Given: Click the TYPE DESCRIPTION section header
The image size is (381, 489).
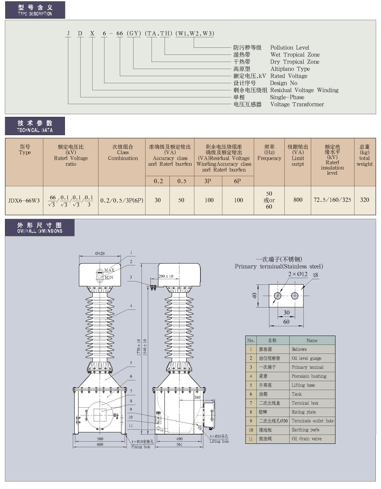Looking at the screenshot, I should point(35,10).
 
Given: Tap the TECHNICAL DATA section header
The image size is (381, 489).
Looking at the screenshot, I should point(35,126).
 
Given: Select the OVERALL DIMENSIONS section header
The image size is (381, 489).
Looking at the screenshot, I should point(40,228).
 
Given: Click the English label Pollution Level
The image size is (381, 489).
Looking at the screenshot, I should point(290,47).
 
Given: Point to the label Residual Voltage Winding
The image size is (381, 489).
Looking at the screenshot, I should point(304,90).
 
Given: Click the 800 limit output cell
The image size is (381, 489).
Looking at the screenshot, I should point(298,200).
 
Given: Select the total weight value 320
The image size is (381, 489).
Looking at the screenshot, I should point(365,200).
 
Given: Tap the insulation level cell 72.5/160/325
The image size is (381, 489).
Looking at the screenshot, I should point(332,200).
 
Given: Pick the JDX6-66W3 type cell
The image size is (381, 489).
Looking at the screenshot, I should point(24,200).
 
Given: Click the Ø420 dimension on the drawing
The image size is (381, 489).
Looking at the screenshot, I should point(100,253).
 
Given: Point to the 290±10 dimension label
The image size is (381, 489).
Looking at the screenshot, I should point(166,276).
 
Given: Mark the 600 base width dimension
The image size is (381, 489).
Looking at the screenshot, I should point(100,445).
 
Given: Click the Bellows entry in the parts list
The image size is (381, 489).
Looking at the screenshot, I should point(299,349).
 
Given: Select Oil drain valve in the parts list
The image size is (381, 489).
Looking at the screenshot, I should point(306,439).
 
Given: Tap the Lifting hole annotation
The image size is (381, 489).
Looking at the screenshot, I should point(219,441).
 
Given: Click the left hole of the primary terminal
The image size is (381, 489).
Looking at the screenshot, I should point(277,296).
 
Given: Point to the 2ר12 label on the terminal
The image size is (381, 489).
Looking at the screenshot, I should point(297,274).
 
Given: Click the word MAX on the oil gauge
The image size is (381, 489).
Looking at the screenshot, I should point(109,270).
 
